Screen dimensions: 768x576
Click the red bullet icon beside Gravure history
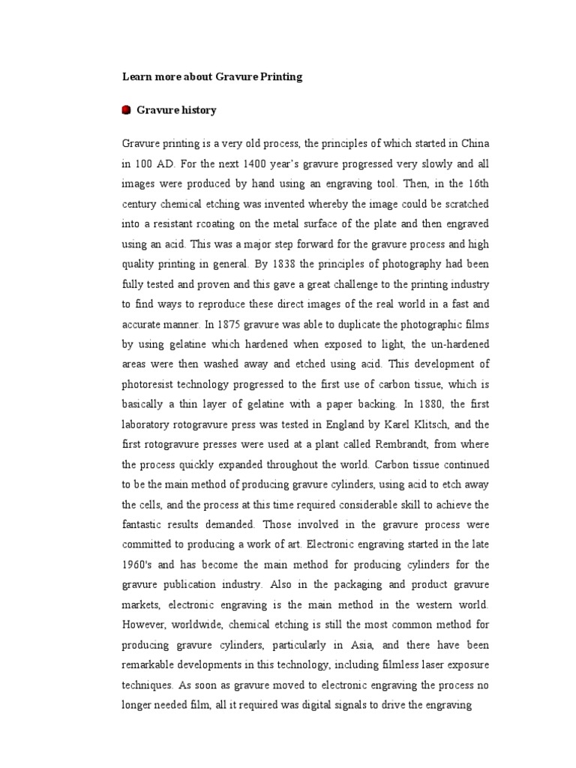coord(126,110)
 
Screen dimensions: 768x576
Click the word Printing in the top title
coord(278,77)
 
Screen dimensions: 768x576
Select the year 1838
coord(309,264)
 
